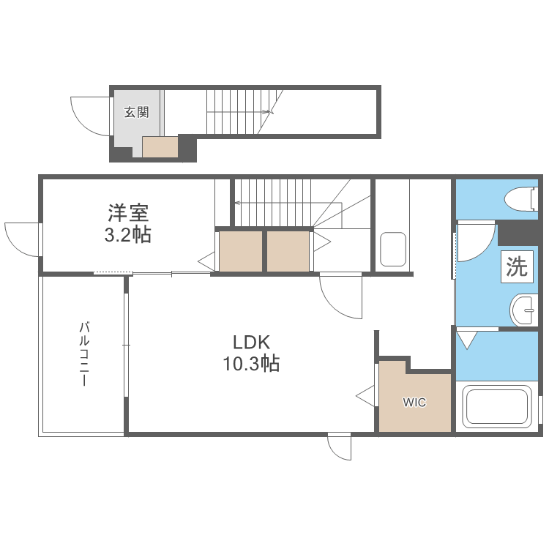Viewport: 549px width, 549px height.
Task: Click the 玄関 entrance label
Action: pos(136,112)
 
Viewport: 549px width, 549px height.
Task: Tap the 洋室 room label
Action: pos(129,213)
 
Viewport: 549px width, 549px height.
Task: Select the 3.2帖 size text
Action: pos(129,235)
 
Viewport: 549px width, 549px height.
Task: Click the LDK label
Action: pos(252,342)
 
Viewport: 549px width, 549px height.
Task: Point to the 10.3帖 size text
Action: pos(252,363)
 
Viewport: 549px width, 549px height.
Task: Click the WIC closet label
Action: pos(414,403)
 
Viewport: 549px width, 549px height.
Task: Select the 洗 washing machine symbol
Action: pos(518,267)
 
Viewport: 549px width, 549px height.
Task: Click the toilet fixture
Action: pos(521,198)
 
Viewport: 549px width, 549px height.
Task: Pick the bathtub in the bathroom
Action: pos(498,407)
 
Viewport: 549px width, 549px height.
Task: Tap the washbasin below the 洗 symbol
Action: pos(525,310)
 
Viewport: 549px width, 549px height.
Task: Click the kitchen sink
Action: pos(393,250)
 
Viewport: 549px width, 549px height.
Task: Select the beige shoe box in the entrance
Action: pos(160,147)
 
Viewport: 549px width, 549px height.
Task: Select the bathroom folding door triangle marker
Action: pos(466,340)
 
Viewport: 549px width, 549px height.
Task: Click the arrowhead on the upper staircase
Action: pos(268,112)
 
